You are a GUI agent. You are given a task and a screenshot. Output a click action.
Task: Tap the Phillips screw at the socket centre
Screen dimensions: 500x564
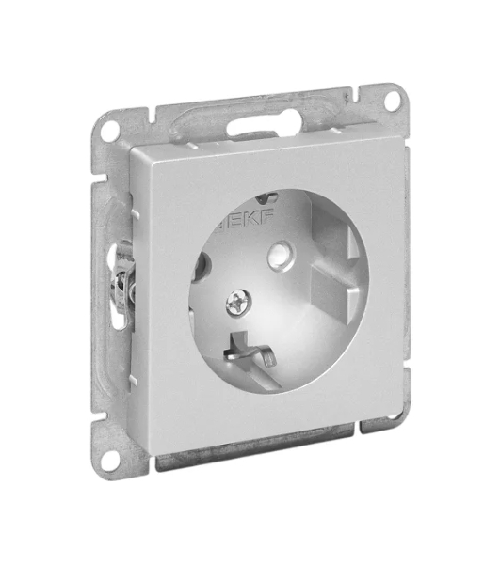click(x=239, y=303)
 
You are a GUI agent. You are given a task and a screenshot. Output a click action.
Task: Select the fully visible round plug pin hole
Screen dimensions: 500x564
click(x=282, y=256)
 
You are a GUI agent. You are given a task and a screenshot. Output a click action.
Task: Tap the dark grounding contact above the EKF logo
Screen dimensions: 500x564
click(x=267, y=196)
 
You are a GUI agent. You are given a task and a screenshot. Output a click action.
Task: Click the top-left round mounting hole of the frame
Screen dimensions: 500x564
click(x=109, y=131)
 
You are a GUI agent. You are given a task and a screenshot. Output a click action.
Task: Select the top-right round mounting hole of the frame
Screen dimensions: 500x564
click(x=393, y=101)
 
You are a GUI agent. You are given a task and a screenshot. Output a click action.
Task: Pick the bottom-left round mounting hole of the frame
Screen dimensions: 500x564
click(x=109, y=461)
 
